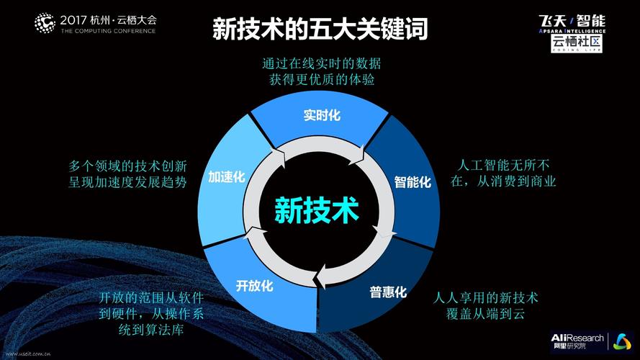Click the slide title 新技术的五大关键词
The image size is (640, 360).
[x=320, y=30]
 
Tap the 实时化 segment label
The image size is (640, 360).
[x=321, y=115]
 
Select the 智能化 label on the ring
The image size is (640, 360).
[x=413, y=181]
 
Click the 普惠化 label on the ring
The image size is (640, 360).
[x=388, y=292]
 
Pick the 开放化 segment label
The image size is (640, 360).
[x=254, y=286]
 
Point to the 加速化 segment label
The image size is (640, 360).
[x=227, y=176]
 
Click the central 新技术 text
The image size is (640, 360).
[x=316, y=210]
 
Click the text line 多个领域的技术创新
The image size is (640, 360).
[x=128, y=165]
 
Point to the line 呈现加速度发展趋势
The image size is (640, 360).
[x=128, y=182]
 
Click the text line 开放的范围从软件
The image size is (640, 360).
[x=151, y=297]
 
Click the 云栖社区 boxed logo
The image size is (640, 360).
[x=577, y=43]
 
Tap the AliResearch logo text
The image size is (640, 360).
[x=576, y=338]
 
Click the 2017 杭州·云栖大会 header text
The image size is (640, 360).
[x=108, y=19]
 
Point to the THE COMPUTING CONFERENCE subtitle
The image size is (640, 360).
[x=108, y=32]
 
